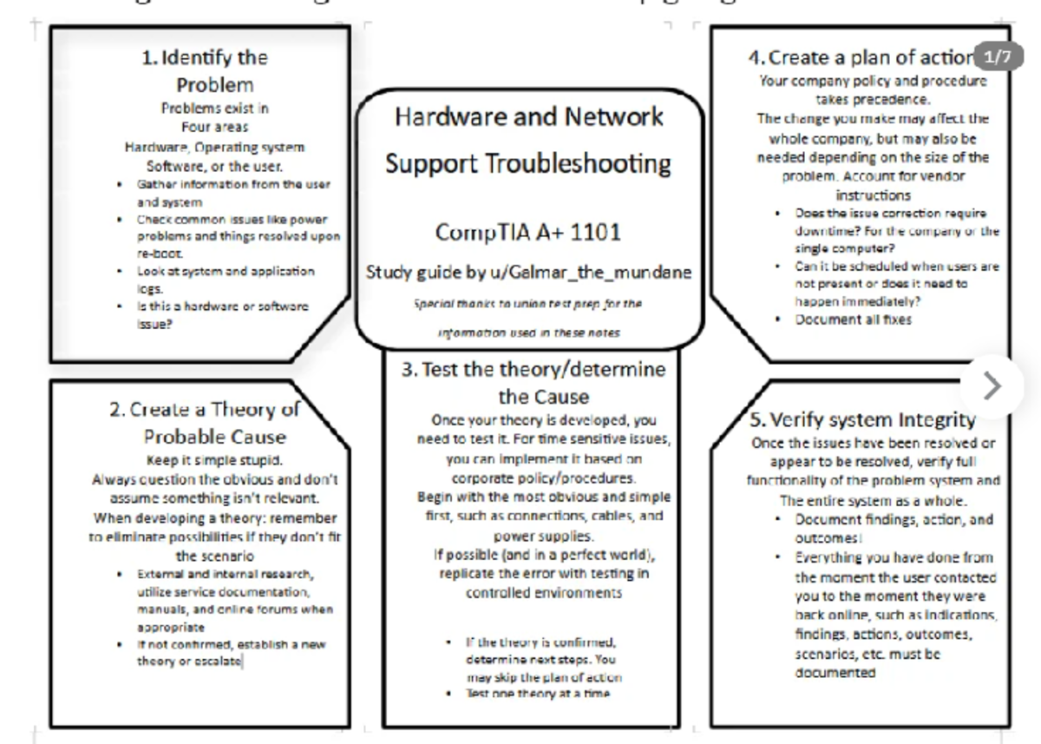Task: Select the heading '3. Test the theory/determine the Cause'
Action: pos(534,383)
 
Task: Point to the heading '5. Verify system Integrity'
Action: pos(862,421)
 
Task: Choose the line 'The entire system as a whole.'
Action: pos(873,501)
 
